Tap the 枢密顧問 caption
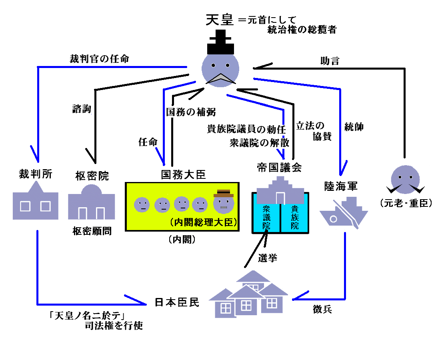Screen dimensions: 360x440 92,231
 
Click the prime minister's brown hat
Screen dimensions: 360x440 223,194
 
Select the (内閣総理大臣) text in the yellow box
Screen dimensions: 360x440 203,222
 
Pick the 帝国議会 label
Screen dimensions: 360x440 279,168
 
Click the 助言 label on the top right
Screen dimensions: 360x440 330,61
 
